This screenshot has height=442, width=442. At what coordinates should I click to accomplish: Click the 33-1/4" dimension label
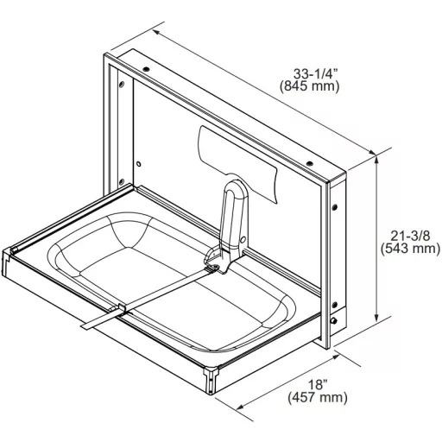pyautogui.click(x=315, y=74)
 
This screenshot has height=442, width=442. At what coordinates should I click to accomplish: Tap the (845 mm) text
pyautogui.click(x=310, y=86)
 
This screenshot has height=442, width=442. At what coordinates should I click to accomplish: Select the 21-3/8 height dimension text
pyautogui.click(x=410, y=236)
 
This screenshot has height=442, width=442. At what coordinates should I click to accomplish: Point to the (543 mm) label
pyautogui.click(x=410, y=249)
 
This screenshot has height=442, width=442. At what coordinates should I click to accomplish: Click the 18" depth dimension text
pyautogui.click(x=318, y=385)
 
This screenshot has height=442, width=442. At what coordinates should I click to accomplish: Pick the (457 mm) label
pyautogui.click(x=318, y=397)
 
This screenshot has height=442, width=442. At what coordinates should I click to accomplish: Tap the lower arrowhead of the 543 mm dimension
pyautogui.click(x=376, y=317)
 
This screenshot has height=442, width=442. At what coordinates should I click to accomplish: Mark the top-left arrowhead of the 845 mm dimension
pyautogui.click(x=157, y=32)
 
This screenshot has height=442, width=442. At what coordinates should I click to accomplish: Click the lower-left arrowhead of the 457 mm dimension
pyautogui.click(x=240, y=407)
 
